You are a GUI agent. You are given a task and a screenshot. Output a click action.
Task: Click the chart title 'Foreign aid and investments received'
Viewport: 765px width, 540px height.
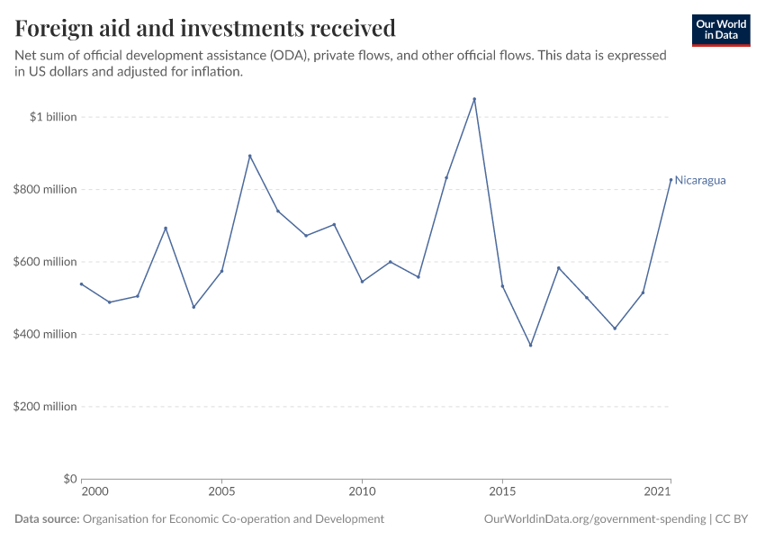pos(205,29)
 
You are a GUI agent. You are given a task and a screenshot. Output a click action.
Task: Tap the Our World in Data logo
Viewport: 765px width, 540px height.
pos(720,30)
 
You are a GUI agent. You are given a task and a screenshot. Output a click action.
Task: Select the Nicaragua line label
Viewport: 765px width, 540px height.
pos(700,180)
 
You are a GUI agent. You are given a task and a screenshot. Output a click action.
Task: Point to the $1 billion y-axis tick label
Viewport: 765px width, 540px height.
pos(53,117)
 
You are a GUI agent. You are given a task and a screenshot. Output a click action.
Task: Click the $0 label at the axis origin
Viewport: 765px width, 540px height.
pos(69,479)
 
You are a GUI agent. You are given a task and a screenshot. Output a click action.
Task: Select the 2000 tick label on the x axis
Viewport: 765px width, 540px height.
pos(94,492)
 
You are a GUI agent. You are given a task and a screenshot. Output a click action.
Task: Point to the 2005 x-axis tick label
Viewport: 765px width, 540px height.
pos(221,492)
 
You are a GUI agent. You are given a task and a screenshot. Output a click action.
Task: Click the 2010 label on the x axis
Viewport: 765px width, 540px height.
pos(362,492)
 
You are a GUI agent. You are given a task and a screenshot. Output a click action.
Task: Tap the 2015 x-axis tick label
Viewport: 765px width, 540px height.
pos(502,492)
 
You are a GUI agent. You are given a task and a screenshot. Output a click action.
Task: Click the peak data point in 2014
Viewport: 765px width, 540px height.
pos(474,99)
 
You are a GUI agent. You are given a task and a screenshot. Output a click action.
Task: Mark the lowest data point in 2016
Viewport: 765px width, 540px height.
pos(530,345)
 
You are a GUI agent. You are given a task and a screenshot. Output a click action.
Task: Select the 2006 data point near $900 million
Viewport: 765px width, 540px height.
pos(249,156)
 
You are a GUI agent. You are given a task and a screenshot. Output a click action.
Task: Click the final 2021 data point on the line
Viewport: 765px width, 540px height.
pos(670,179)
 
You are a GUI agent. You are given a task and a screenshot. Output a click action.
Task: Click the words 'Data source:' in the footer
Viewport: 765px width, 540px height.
pos(47,519)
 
